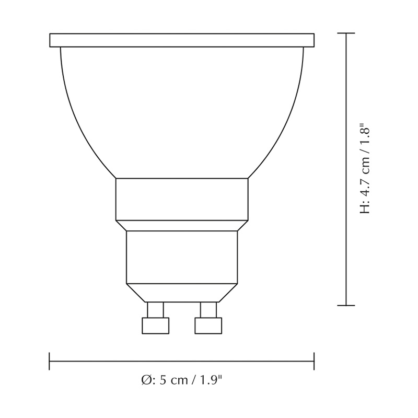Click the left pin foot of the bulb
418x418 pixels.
pyautogui.click(x=155, y=326)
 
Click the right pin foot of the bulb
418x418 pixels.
pyautogui.click(x=208, y=326)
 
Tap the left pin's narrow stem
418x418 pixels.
pyautogui.click(x=155, y=310)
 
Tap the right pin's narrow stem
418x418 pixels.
pyautogui.click(x=208, y=310)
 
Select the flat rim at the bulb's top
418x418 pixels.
pyautogui.click(x=182, y=40)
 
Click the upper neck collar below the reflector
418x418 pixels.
pyautogui.click(x=182, y=199)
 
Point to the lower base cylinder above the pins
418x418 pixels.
pyautogui.click(x=182, y=257)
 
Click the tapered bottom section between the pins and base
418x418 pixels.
pyautogui.click(x=182, y=293)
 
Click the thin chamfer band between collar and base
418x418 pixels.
pyautogui.click(x=182, y=225)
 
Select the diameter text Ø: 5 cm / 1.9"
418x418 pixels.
pyautogui.click(x=182, y=380)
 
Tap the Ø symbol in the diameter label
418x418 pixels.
pyautogui.click(x=146, y=380)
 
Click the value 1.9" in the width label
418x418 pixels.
pyautogui.click(x=212, y=380)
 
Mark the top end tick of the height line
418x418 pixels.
pyautogui.click(x=346, y=33)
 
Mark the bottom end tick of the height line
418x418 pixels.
pyautogui.click(x=346, y=305)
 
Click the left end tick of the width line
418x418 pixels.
pyautogui.click(x=49, y=361)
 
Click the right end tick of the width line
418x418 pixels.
pyautogui.click(x=314, y=361)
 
